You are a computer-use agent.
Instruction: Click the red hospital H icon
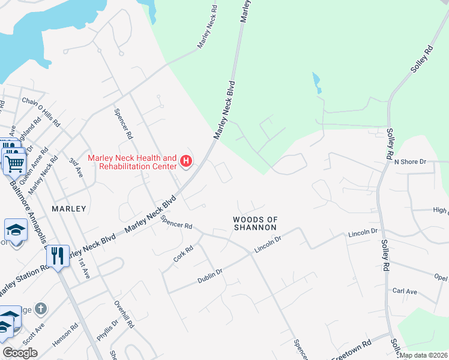click(186, 161)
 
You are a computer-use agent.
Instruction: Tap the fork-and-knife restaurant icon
click(58, 256)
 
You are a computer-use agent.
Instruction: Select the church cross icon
click(41, 310)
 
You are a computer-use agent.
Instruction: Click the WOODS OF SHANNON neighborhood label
click(255, 224)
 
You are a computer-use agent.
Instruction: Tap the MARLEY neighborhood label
click(69, 209)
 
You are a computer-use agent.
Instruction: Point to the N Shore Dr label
click(409, 162)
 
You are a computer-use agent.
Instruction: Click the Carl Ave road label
click(405, 292)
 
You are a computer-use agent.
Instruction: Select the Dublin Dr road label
click(210, 277)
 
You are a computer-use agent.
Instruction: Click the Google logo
click(20, 353)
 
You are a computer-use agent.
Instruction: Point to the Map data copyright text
click(424, 355)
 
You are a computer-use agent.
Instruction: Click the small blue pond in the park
click(316, 82)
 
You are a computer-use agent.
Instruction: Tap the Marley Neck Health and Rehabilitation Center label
click(133, 161)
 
